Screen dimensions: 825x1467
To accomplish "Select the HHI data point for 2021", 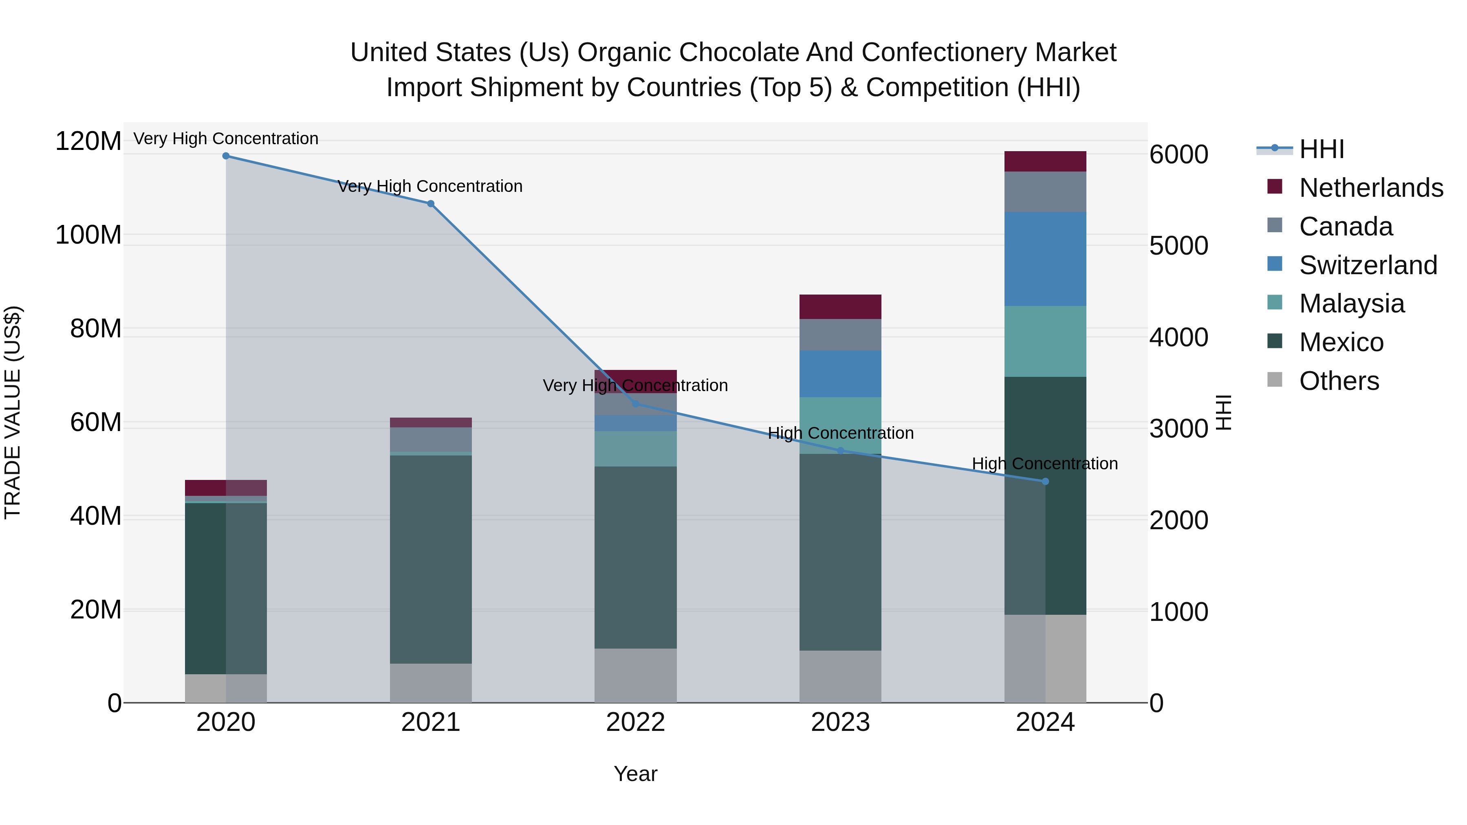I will click(x=431, y=204).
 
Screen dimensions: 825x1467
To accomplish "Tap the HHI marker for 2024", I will click(x=1045, y=482).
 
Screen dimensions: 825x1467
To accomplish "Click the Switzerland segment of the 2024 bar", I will click(x=1045, y=259).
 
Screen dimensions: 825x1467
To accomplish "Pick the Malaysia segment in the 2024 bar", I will click(x=1045, y=342).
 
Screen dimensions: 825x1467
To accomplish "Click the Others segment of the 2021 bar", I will click(x=431, y=683).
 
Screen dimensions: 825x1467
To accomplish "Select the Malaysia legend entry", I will click(x=1351, y=304).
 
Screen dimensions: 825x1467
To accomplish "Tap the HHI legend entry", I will click(x=1321, y=149).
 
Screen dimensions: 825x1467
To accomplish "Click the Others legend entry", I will click(x=1338, y=381).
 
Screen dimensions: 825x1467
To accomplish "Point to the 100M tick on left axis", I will click(x=88, y=235).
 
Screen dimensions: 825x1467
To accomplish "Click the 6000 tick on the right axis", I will click(x=1178, y=154).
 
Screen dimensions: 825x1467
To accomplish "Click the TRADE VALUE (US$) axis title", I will click(x=13, y=412).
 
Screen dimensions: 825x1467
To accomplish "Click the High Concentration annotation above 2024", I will click(x=1044, y=464).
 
